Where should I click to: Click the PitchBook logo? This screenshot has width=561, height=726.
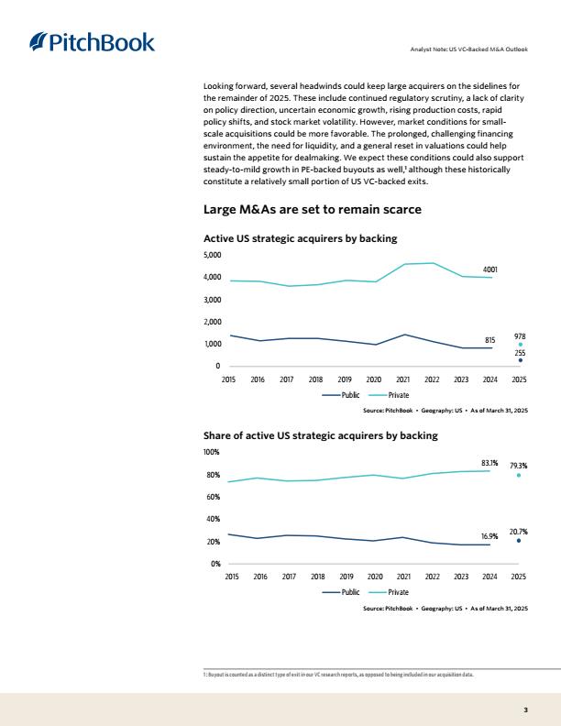(x=92, y=42)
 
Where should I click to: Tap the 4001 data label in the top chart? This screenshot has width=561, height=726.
(x=489, y=269)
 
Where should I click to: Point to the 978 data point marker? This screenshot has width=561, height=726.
(x=521, y=345)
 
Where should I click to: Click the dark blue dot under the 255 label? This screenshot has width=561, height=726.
(x=521, y=360)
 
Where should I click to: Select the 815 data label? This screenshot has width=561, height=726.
(x=489, y=340)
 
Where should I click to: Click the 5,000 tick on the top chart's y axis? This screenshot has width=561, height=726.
(x=212, y=255)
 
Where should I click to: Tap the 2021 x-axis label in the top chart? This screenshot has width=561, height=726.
(x=402, y=379)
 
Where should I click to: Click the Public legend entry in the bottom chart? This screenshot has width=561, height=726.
(x=341, y=592)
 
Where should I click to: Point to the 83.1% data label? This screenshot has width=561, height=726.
(x=489, y=463)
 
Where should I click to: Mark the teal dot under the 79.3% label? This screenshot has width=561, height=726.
(x=519, y=475)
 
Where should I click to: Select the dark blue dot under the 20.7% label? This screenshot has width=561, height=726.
(x=519, y=540)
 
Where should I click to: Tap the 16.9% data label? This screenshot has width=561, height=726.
(x=489, y=536)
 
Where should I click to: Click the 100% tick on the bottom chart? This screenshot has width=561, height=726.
(x=212, y=452)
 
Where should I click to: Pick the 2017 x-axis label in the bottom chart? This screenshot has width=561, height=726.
(x=289, y=577)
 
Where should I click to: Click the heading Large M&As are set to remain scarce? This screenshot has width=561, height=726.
(x=313, y=209)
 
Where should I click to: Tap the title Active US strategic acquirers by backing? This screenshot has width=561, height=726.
(x=301, y=238)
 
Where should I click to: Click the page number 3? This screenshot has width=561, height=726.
(x=525, y=709)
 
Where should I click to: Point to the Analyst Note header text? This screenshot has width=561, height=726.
(x=469, y=49)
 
